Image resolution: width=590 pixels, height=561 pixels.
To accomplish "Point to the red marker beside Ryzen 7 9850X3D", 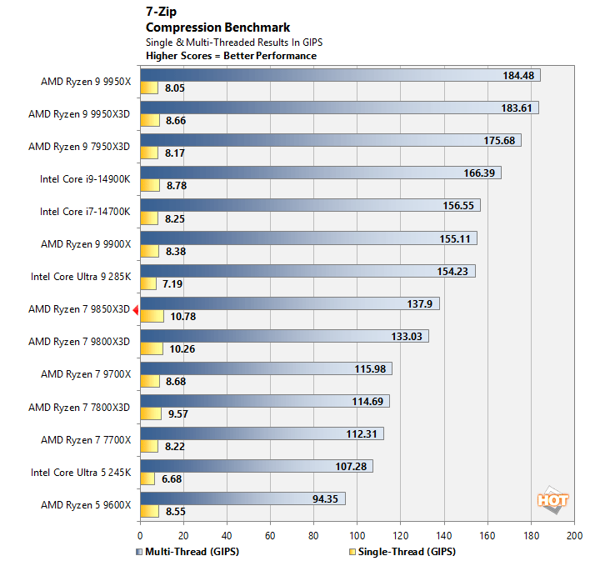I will pyautogui.click(x=135, y=309).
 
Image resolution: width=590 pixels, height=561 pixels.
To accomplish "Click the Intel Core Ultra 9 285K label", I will pyautogui.click(x=81, y=277).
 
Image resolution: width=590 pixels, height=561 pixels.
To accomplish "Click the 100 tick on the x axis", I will pyautogui.click(x=357, y=535).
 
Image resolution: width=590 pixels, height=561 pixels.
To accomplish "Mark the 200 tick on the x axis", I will pyautogui.click(x=573, y=535).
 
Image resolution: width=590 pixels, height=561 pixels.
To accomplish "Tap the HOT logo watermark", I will pyautogui.click(x=552, y=500).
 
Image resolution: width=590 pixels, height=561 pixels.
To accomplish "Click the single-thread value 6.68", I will pyautogui.click(x=172, y=478).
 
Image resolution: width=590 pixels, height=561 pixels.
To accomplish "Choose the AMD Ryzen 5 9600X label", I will pyautogui.click(x=86, y=504).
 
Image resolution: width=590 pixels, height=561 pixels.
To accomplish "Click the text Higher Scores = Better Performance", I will pyautogui.click(x=231, y=56).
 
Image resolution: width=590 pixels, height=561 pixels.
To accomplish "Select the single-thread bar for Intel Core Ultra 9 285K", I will pyautogui.click(x=147, y=283).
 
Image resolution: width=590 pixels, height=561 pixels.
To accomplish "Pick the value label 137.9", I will pyautogui.click(x=419, y=303).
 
